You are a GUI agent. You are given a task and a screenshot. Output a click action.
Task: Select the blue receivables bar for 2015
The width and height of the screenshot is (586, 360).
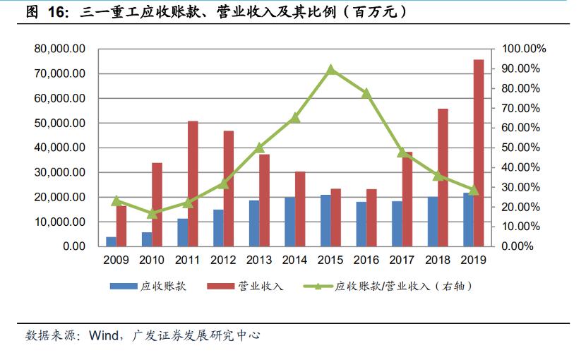tap(325, 220)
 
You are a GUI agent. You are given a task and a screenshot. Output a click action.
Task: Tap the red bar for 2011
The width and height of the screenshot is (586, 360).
tap(193, 184)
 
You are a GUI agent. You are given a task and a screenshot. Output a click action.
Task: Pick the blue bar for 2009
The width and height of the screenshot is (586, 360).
tap(111, 241)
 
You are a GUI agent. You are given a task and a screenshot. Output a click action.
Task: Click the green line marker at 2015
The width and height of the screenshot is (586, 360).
tap(331, 69)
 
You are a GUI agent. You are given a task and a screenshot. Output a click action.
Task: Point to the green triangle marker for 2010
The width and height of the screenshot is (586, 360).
tap(153, 213)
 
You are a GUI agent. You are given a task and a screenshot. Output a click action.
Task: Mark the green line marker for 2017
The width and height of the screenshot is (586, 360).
tap(402, 152)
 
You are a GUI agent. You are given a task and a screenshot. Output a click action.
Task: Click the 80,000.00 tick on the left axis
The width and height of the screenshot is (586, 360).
tap(60, 49)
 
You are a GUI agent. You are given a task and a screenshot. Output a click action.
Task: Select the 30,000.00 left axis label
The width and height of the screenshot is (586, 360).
tap(60, 172)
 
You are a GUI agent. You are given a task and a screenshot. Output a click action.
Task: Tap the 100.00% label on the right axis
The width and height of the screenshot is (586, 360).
tap(524, 49)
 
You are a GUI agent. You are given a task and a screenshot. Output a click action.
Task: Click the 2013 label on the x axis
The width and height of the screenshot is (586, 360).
tap(259, 260)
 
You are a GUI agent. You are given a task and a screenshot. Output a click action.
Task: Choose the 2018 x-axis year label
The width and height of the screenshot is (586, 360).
tap(438, 260)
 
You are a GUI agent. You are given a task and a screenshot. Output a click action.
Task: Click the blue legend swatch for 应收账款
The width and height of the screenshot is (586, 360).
tap(123, 287)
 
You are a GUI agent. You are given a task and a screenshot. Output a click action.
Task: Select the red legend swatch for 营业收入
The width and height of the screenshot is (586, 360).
tap(220, 287)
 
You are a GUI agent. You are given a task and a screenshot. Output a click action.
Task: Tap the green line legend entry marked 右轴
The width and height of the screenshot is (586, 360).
tap(318, 287)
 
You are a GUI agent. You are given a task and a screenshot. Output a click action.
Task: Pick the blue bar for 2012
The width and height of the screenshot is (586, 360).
tap(218, 228)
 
